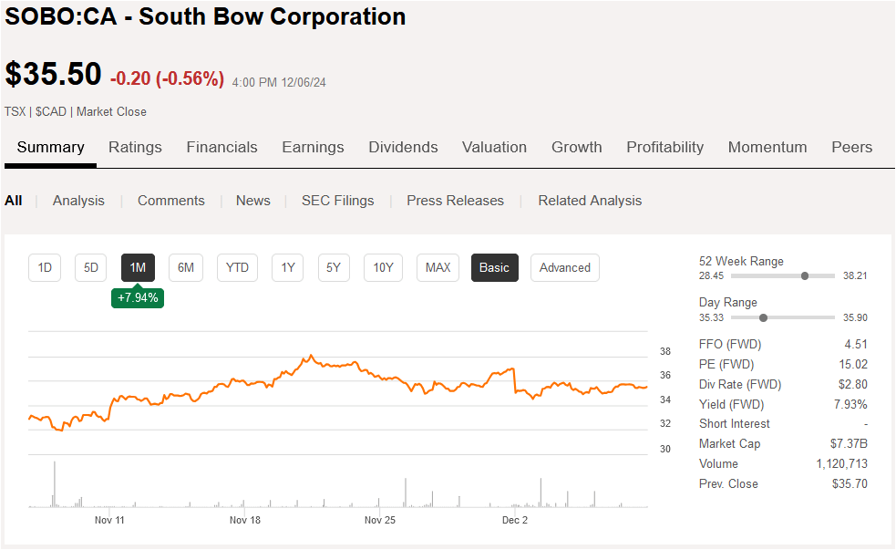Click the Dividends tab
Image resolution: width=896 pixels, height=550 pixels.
403,147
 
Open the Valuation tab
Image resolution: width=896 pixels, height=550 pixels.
494,147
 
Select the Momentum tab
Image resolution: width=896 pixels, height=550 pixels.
767,147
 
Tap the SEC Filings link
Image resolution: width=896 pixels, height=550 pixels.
337,201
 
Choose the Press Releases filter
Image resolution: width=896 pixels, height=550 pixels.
455,201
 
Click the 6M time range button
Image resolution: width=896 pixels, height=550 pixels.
186,267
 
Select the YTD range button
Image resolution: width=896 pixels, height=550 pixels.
237,267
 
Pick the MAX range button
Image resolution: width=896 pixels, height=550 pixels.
438,267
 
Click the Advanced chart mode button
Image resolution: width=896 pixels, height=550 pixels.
564,267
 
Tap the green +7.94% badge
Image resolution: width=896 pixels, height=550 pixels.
138,297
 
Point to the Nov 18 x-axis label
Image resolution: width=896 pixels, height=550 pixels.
245,520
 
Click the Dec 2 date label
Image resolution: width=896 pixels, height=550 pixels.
515,520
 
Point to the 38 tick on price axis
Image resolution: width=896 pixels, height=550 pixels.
665,351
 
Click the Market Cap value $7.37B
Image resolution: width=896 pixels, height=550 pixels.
849,444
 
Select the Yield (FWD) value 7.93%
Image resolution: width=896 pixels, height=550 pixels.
850,404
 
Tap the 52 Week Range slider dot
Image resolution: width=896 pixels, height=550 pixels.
805,275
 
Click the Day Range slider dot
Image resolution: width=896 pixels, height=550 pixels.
763,317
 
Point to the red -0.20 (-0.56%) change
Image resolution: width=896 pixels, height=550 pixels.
167,78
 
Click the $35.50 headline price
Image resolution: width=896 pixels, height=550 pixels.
53,75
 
